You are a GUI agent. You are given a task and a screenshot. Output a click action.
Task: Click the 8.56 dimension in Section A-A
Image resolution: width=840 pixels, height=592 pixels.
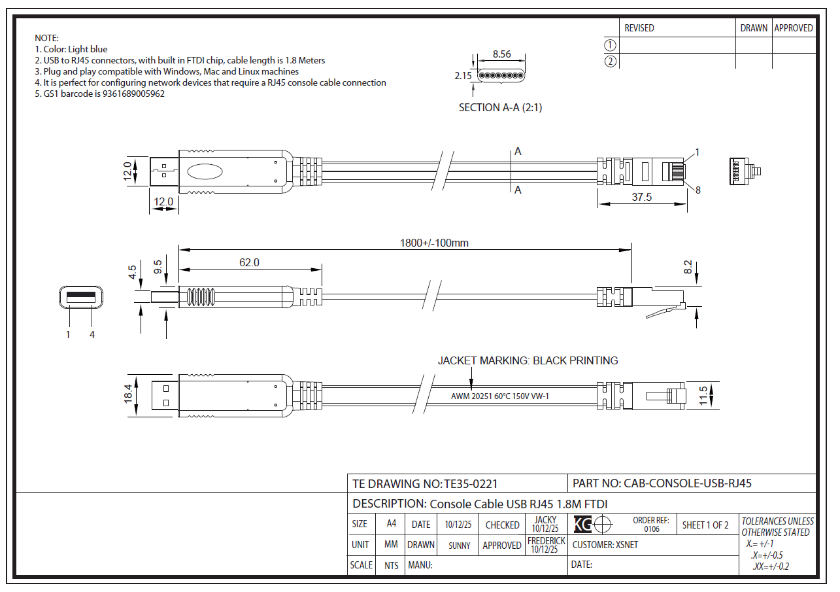tap(501, 54)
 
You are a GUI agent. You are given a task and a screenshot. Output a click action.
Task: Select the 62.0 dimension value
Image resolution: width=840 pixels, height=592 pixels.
tap(249, 262)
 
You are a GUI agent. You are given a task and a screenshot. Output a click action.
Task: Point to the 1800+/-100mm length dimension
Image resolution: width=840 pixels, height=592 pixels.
tap(434, 243)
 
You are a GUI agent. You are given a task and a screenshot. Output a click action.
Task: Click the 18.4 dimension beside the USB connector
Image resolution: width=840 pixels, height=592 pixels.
tap(128, 394)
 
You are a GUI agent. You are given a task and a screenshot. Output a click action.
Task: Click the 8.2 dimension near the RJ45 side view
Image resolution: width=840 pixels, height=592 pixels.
tap(688, 267)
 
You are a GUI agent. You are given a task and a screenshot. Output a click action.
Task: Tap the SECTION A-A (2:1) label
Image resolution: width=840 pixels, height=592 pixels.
tap(500, 108)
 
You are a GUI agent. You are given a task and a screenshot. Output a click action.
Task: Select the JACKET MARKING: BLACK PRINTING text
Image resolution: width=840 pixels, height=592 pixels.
tap(528, 360)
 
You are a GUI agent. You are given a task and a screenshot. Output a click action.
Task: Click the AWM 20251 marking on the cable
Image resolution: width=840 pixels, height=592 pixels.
tap(499, 396)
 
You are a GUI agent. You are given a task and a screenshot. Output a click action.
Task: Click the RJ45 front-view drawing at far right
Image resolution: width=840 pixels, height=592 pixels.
tap(743, 171)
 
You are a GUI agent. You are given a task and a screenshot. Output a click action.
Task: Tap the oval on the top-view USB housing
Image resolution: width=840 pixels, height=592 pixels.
tap(205, 172)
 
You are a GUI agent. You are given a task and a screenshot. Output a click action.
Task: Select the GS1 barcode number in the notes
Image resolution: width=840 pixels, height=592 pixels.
tap(133, 94)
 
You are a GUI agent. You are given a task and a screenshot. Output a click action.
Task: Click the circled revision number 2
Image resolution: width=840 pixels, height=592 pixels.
tap(610, 61)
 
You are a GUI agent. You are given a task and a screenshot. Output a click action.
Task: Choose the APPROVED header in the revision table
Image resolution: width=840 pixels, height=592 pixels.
tap(794, 28)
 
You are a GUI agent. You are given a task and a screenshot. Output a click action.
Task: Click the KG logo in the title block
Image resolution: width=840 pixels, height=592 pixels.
tap(582, 524)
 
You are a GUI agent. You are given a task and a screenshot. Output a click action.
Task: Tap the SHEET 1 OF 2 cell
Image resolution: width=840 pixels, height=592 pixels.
tap(705, 525)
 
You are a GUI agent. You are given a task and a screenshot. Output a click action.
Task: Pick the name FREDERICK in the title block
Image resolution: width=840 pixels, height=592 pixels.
tap(546, 541)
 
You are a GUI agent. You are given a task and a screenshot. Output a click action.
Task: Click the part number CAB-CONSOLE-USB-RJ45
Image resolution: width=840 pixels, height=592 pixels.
tap(688, 483)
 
